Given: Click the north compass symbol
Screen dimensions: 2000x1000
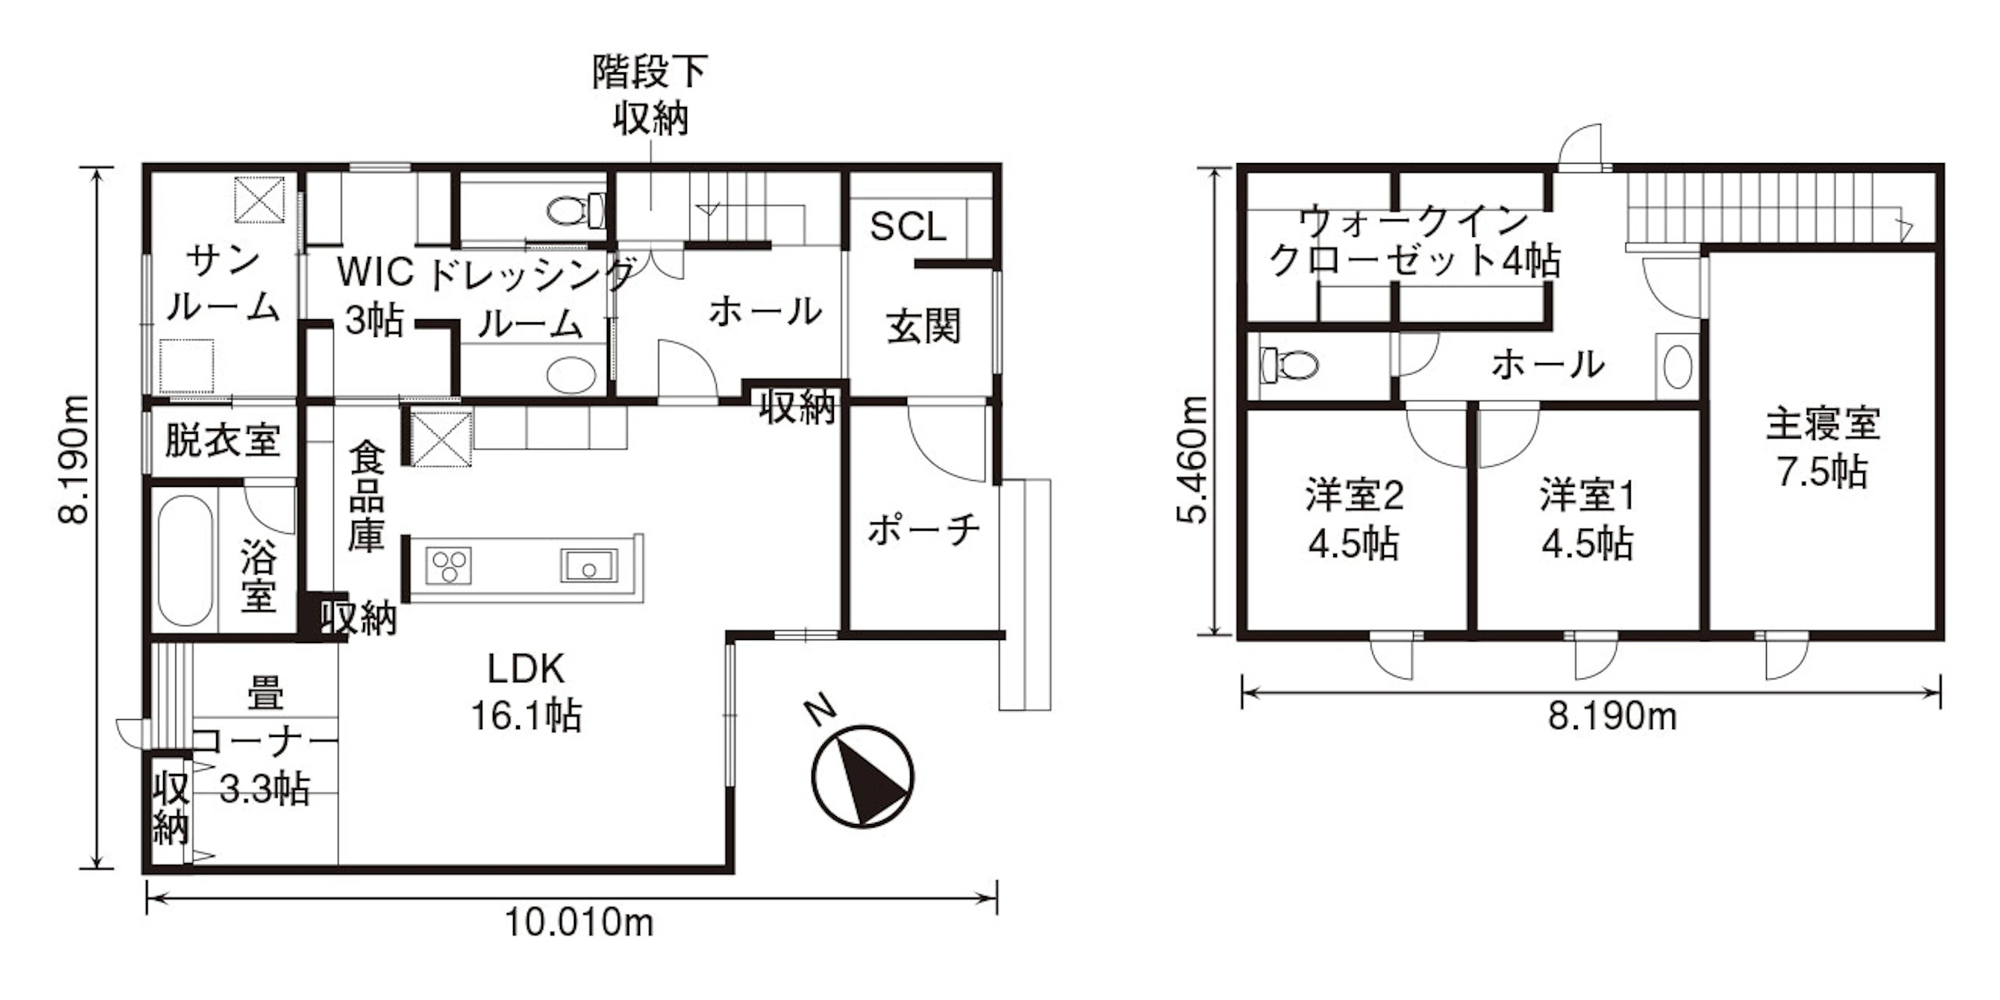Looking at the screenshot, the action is pyautogui.click(x=862, y=775).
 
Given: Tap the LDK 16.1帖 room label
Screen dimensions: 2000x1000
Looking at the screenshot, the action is pyautogui.click(x=526, y=692).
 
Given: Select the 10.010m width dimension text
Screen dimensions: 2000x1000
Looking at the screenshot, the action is pyautogui.click(x=579, y=922).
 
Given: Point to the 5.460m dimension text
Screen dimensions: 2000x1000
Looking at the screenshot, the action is pyautogui.click(x=1192, y=460).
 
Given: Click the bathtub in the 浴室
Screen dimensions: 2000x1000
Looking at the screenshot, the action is pyautogui.click(x=185, y=561).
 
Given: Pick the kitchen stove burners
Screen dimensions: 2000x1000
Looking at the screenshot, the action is pyautogui.click(x=449, y=565).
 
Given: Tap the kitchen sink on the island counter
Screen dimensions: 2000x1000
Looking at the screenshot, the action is pyautogui.click(x=589, y=565).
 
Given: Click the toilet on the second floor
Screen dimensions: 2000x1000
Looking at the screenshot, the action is pyautogui.click(x=1289, y=363).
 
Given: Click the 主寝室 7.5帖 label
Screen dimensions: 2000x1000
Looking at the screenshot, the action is pyautogui.click(x=1823, y=448).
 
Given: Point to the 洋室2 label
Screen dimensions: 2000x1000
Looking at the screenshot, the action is pyautogui.click(x=1354, y=495).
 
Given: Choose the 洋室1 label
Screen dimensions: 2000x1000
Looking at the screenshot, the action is pyautogui.click(x=1588, y=495).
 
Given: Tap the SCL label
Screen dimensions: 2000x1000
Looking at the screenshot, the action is pyautogui.click(x=908, y=226).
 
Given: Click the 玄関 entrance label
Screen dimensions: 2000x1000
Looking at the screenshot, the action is pyautogui.click(x=924, y=325).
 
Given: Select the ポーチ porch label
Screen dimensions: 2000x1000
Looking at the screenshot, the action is pyautogui.click(x=924, y=530).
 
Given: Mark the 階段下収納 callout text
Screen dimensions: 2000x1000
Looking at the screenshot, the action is pyautogui.click(x=650, y=95).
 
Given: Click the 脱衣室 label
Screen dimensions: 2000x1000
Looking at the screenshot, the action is pyautogui.click(x=222, y=440).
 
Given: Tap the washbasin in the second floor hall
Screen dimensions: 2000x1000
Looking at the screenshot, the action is pyautogui.click(x=1678, y=367).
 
